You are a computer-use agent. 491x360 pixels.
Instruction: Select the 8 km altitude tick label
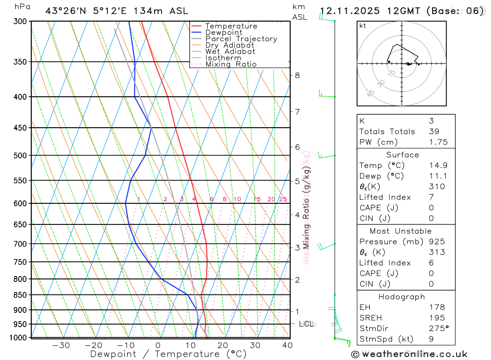(297, 75)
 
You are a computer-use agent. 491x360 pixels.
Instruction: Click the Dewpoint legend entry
(223, 32)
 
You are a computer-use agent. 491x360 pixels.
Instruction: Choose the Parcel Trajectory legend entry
(241, 39)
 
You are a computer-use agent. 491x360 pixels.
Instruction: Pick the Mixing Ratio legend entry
(231, 64)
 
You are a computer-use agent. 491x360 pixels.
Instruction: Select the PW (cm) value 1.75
(438, 142)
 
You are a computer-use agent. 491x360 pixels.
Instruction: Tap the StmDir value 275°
(438, 328)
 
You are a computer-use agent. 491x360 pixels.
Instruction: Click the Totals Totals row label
(387, 131)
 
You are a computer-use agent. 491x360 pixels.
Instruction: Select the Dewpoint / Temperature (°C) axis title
(168, 354)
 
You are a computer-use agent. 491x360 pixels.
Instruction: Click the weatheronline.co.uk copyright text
(409, 354)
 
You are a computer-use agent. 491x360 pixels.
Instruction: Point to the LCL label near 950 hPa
(306, 324)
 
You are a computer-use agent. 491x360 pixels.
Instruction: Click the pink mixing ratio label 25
(283, 199)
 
